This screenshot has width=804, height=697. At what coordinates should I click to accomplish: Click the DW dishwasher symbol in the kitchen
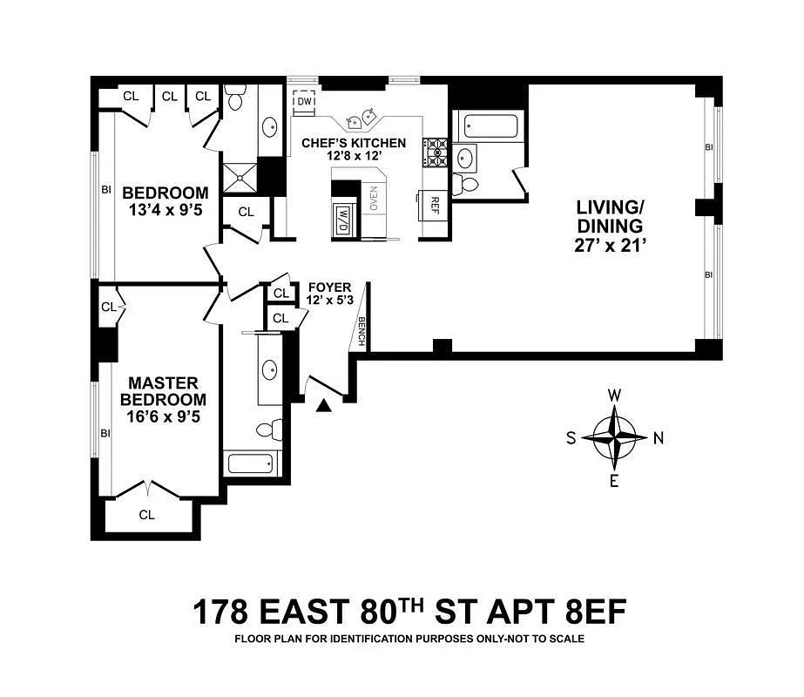[x=304, y=101]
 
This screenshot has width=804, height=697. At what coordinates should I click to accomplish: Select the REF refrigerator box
[x=434, y=205]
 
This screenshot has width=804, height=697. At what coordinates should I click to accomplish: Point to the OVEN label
[x=373, y=198]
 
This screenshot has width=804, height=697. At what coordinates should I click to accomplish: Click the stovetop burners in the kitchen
[x=436, y=152]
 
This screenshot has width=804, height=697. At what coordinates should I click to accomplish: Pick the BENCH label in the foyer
[x=361, y=331]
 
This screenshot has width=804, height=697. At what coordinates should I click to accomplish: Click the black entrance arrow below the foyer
[x=323, y=406]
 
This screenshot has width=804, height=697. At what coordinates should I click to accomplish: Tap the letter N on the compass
[x=659, y=438]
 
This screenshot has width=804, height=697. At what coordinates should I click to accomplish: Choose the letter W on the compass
[x=614, y=396]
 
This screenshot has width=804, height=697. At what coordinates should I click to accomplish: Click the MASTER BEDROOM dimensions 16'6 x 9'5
[x=163, y=416]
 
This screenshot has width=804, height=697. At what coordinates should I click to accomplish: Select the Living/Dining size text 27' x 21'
[x=609, y=246]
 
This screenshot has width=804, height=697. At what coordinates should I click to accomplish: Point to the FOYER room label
[x=330, y=288]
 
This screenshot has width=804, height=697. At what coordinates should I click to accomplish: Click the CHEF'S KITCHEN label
[x=354, y=143]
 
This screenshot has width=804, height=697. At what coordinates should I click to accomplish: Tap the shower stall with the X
[x=239, y=178]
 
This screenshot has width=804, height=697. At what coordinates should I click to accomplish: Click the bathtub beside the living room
[x=490, y=126]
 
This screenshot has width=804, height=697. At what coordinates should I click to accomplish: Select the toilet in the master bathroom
[x=270, y=430]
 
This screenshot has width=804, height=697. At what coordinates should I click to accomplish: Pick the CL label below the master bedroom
[x=146, y=514]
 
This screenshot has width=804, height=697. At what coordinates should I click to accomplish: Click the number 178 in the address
[x=220, y=612]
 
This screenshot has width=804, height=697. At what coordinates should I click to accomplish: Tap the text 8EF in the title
[x=595, y=612]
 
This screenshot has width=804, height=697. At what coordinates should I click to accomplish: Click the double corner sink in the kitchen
[x=361, y=118]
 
